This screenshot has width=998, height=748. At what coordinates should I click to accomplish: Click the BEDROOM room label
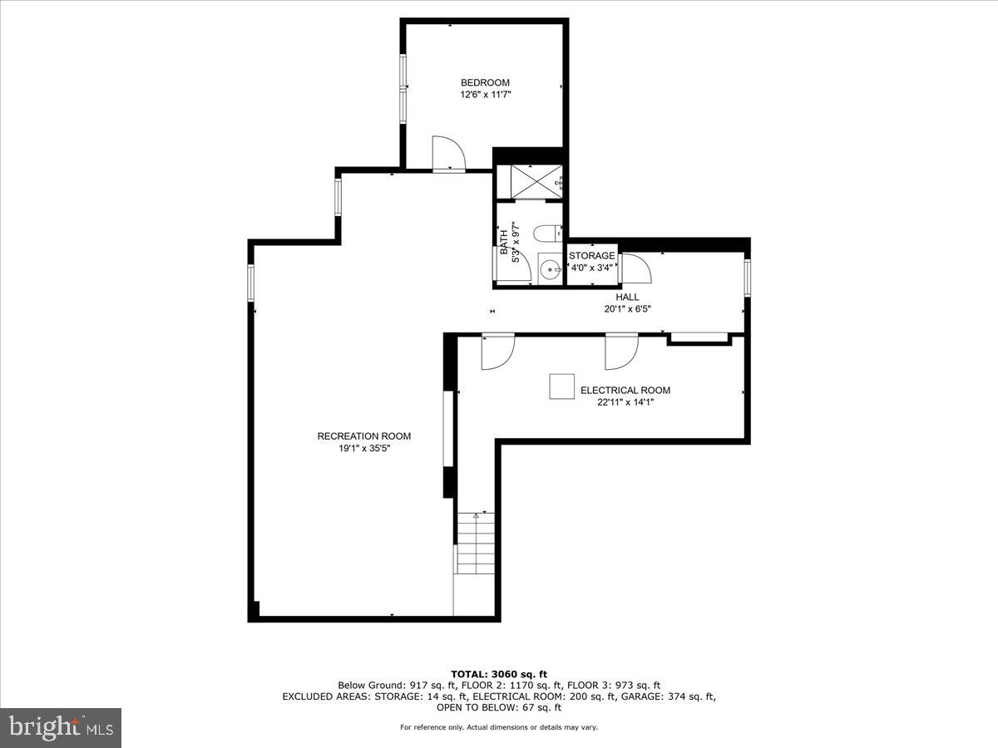click(485, 82)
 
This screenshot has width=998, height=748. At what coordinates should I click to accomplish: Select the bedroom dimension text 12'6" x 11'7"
click(485, 95)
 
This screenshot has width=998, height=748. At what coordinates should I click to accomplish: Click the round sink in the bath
click(549, 269)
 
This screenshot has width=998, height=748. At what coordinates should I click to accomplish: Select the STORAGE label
click(592, 255)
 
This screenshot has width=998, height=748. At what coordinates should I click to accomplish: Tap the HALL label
click(627, 297)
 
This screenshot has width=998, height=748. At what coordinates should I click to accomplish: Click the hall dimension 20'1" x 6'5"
click(627, 309)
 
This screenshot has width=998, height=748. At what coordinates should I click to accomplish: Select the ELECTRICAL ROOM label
click(625, 390)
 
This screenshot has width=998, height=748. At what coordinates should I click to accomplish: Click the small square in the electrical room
click(561, 386)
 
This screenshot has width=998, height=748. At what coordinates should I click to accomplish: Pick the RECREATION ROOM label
click(363, 436)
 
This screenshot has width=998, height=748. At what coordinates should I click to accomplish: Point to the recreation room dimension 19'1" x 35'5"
click(363, 448)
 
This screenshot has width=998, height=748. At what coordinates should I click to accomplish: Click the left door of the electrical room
click(497, 351)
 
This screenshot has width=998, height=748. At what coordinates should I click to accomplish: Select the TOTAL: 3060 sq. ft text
click(498, 674)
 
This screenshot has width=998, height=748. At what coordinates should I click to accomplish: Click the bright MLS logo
click(61, 728)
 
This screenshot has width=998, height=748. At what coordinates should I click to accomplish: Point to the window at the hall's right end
click(747, 278)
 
